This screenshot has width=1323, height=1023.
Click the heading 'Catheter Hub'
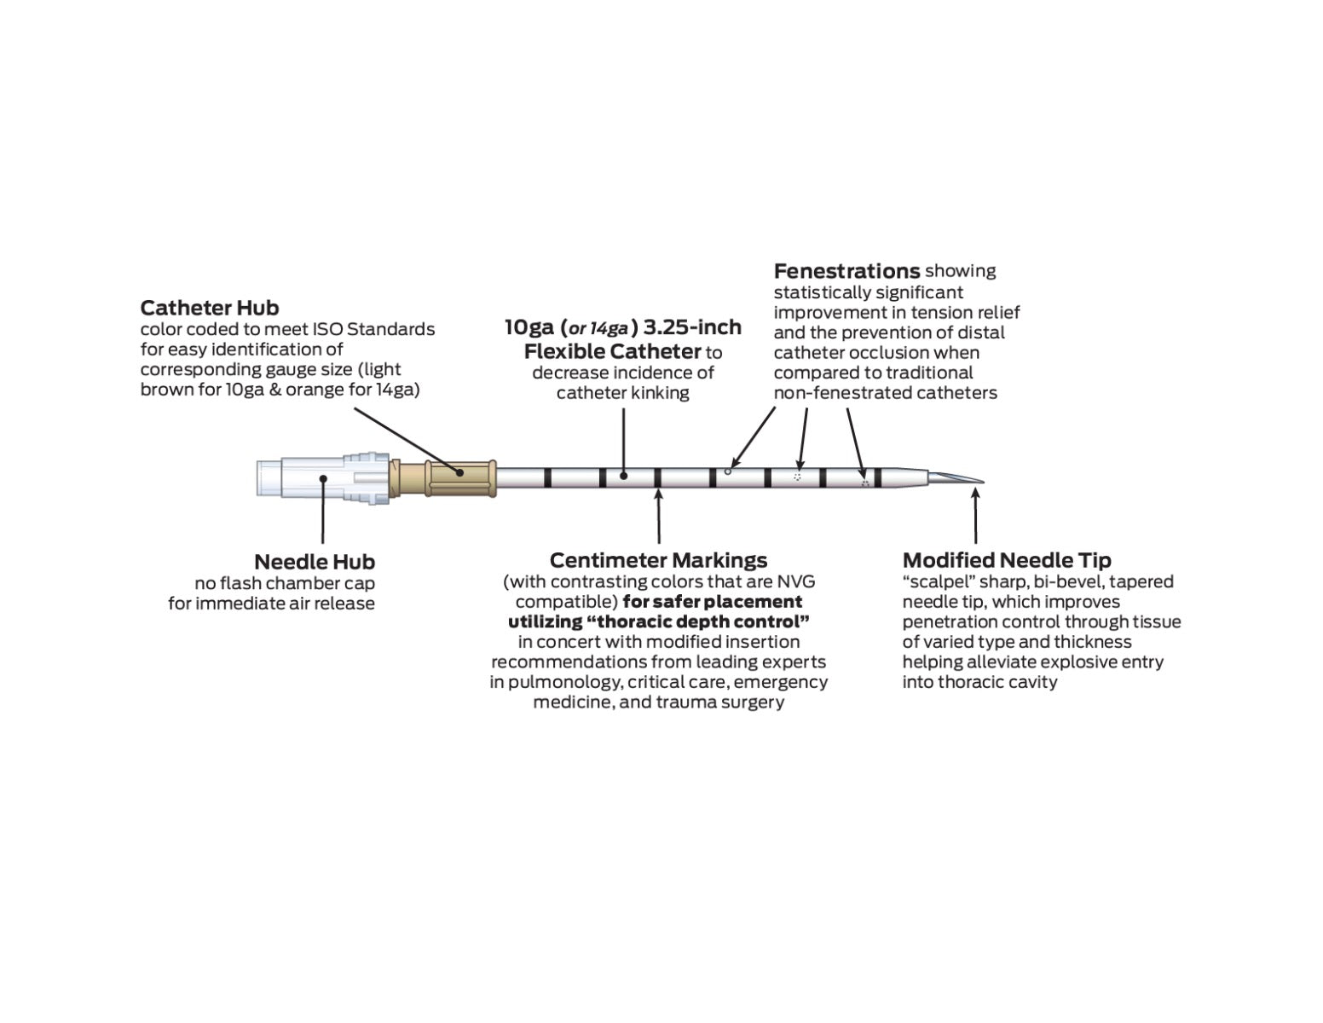(209, 308)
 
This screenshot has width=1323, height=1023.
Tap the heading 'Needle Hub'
(314, 562)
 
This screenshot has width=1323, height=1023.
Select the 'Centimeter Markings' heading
(658, 560)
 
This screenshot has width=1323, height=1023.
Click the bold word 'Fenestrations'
(846, 271)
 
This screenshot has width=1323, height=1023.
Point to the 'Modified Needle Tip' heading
(1007, 560)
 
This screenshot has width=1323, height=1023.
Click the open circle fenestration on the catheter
(727, 471)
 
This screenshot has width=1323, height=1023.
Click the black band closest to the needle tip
(877, 478)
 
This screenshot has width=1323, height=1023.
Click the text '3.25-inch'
(692, 327)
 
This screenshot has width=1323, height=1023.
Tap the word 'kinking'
(658, 393)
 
